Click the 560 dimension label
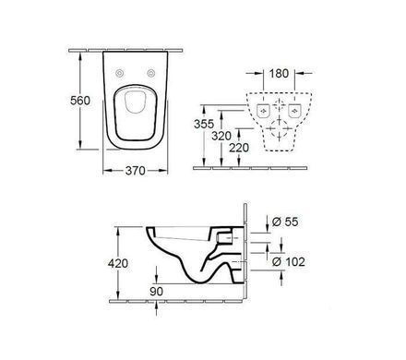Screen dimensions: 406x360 [x=80, y=101]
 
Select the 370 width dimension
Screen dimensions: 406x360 [x=136, y=171]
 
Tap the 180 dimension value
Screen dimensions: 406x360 [x=279, y=74]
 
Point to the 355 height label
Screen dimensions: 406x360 [x=204, y=124]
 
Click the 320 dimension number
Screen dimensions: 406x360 [x=221, y=136]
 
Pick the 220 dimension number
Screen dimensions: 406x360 [x=239, y=148]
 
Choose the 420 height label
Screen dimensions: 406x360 [x=118, y=263]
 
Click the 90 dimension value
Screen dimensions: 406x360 [x=156, y=291]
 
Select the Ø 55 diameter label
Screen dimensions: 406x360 [x=285, y=222]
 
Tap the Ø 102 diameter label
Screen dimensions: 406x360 [x=289, y=261]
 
